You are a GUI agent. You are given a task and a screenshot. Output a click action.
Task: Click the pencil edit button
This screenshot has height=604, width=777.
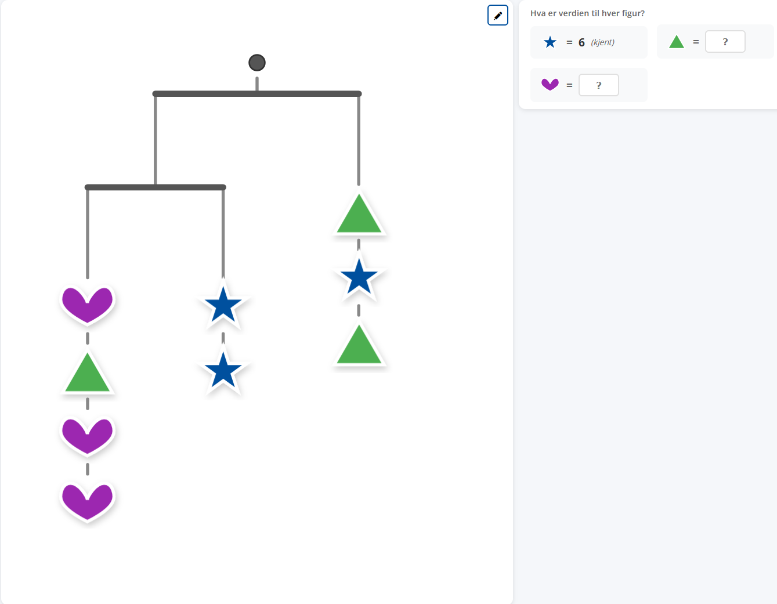click(497, 15)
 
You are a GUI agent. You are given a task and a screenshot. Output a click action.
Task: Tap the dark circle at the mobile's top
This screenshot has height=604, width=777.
click(256, 63)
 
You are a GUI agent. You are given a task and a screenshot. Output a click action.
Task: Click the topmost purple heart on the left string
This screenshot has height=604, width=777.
click(87, 305)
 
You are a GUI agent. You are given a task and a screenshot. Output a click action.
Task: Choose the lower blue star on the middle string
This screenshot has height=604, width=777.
click(223, 370)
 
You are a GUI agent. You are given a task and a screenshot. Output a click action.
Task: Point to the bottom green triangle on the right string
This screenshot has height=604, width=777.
click(359, 345)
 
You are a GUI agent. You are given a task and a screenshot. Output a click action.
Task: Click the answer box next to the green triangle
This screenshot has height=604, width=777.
click(725, 42)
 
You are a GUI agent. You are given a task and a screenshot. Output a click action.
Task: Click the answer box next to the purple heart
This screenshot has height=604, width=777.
click(599, 85)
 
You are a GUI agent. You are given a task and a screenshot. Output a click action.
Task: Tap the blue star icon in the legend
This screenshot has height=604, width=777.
click(550, 42)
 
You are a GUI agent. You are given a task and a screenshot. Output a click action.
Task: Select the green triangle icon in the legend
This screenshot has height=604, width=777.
click(676, 41)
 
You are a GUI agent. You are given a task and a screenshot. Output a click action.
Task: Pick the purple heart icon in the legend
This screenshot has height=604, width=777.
click(550, 85)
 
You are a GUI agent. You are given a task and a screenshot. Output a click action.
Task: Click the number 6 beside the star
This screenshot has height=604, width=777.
click(581, 42)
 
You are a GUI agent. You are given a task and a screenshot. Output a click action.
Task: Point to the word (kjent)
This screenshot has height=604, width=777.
click(602, 42)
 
